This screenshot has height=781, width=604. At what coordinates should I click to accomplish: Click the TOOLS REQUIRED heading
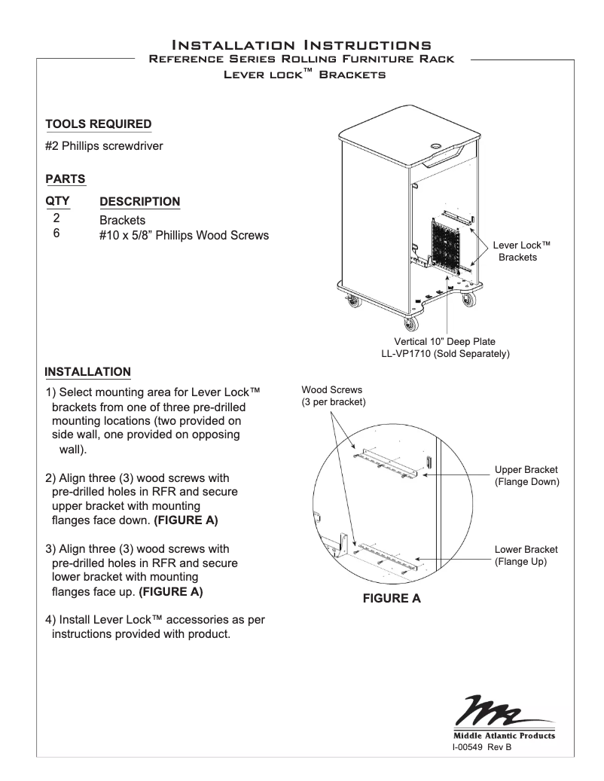[98, 124]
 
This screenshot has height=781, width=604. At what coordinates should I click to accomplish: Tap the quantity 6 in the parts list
[56, 234]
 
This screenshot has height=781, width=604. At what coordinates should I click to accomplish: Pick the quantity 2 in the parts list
[56, 219]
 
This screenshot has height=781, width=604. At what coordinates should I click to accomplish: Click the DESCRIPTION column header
[139, 202]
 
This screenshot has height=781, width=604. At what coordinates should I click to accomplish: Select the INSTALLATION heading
[88, 372]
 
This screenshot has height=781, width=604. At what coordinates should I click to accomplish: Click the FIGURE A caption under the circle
[392, 599]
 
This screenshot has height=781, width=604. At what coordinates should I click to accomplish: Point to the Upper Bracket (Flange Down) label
[526, 476]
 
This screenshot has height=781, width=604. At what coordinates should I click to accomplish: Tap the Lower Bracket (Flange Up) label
[526, 556]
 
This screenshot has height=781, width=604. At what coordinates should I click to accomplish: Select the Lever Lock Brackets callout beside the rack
[521, 252]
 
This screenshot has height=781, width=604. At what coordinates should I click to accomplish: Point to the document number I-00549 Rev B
[481, 747]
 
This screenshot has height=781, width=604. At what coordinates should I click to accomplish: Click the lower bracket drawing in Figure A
[388, 554]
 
